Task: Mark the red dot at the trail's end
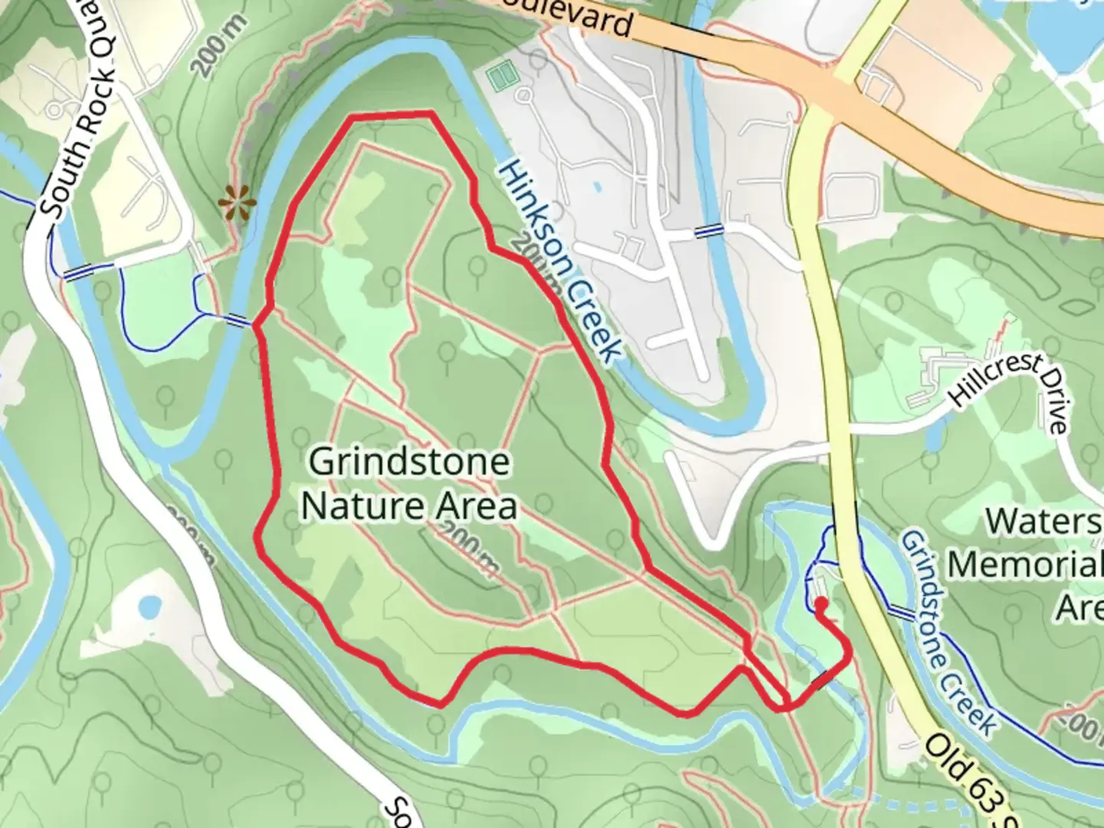(x=820, y=603)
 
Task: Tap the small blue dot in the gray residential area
(x=597, y=186)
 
